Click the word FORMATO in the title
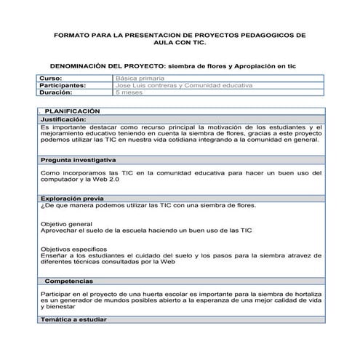coord(71,34)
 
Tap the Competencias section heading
coord(69,281)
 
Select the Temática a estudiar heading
coord(73,319)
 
